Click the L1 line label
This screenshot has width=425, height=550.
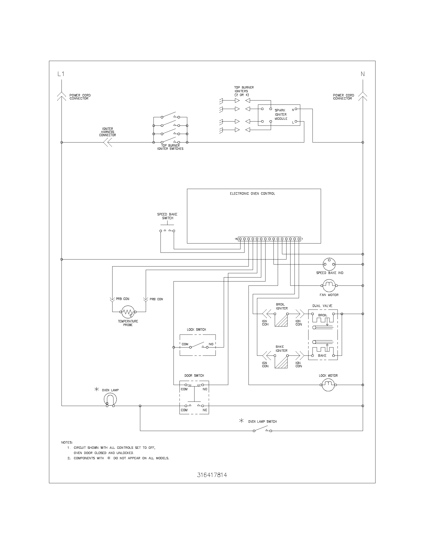(61, 74)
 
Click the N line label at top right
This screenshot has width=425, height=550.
(362, 74)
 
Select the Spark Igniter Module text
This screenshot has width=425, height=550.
(281, 114)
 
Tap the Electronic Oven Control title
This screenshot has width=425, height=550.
(252, 194)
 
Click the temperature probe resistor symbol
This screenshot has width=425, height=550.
(128, 312)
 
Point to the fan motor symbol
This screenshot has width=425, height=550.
(329, 286)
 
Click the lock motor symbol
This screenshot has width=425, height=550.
(328, 385)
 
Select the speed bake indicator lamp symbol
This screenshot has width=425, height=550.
(329, 264)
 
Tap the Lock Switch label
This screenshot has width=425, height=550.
(196, 330)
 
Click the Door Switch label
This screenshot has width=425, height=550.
(194, 375)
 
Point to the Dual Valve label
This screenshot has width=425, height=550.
(322, 306)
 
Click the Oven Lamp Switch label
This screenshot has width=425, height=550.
(262, 421)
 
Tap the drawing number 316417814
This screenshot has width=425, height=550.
(212, 475)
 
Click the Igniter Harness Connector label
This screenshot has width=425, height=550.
(107, 132)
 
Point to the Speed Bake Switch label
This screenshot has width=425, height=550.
(167, 216)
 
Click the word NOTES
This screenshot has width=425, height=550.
(67, 442)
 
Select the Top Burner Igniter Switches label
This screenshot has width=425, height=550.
(170, 147)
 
